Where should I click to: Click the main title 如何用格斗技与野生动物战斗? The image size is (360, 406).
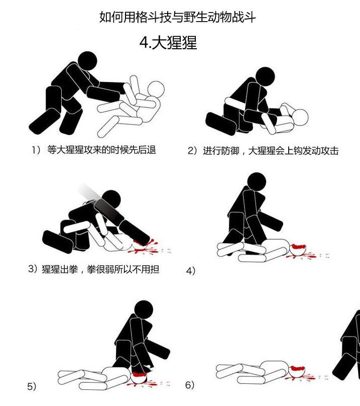pos(178,17)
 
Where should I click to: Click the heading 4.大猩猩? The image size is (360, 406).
pos(168,43)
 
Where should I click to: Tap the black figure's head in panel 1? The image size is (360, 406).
pos(87,61)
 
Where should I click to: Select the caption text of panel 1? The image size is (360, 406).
pos(94,150)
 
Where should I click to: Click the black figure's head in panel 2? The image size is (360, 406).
pos(265,76)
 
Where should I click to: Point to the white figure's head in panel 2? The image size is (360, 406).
pos(300,118)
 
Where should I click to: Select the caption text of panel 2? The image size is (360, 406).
pos(263,150)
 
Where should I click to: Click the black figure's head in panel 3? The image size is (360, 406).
pos(111,199)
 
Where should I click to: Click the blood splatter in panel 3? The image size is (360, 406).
pos(150,247)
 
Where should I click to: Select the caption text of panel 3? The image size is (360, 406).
pos(94,269)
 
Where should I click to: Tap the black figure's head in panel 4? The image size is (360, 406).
pos(257,182)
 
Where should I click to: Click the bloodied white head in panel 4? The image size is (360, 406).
pos(298,250)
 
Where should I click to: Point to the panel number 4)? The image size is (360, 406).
pos(190,271)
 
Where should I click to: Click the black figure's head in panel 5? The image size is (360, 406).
pos(144,310)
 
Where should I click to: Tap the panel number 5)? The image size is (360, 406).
pos(32,386)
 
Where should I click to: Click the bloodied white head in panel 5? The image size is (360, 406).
pos(139,378)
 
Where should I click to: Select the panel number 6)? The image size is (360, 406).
pos(190,385)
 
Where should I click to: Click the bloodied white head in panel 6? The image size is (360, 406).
pos(297,371)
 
